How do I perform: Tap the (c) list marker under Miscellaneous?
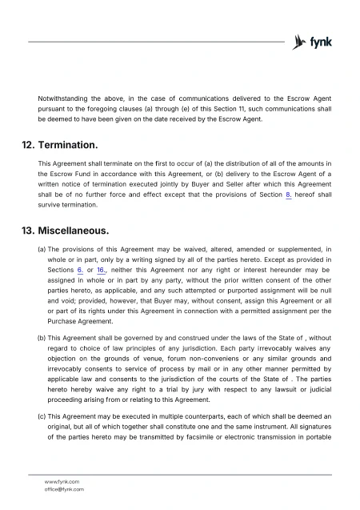(42, 417)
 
